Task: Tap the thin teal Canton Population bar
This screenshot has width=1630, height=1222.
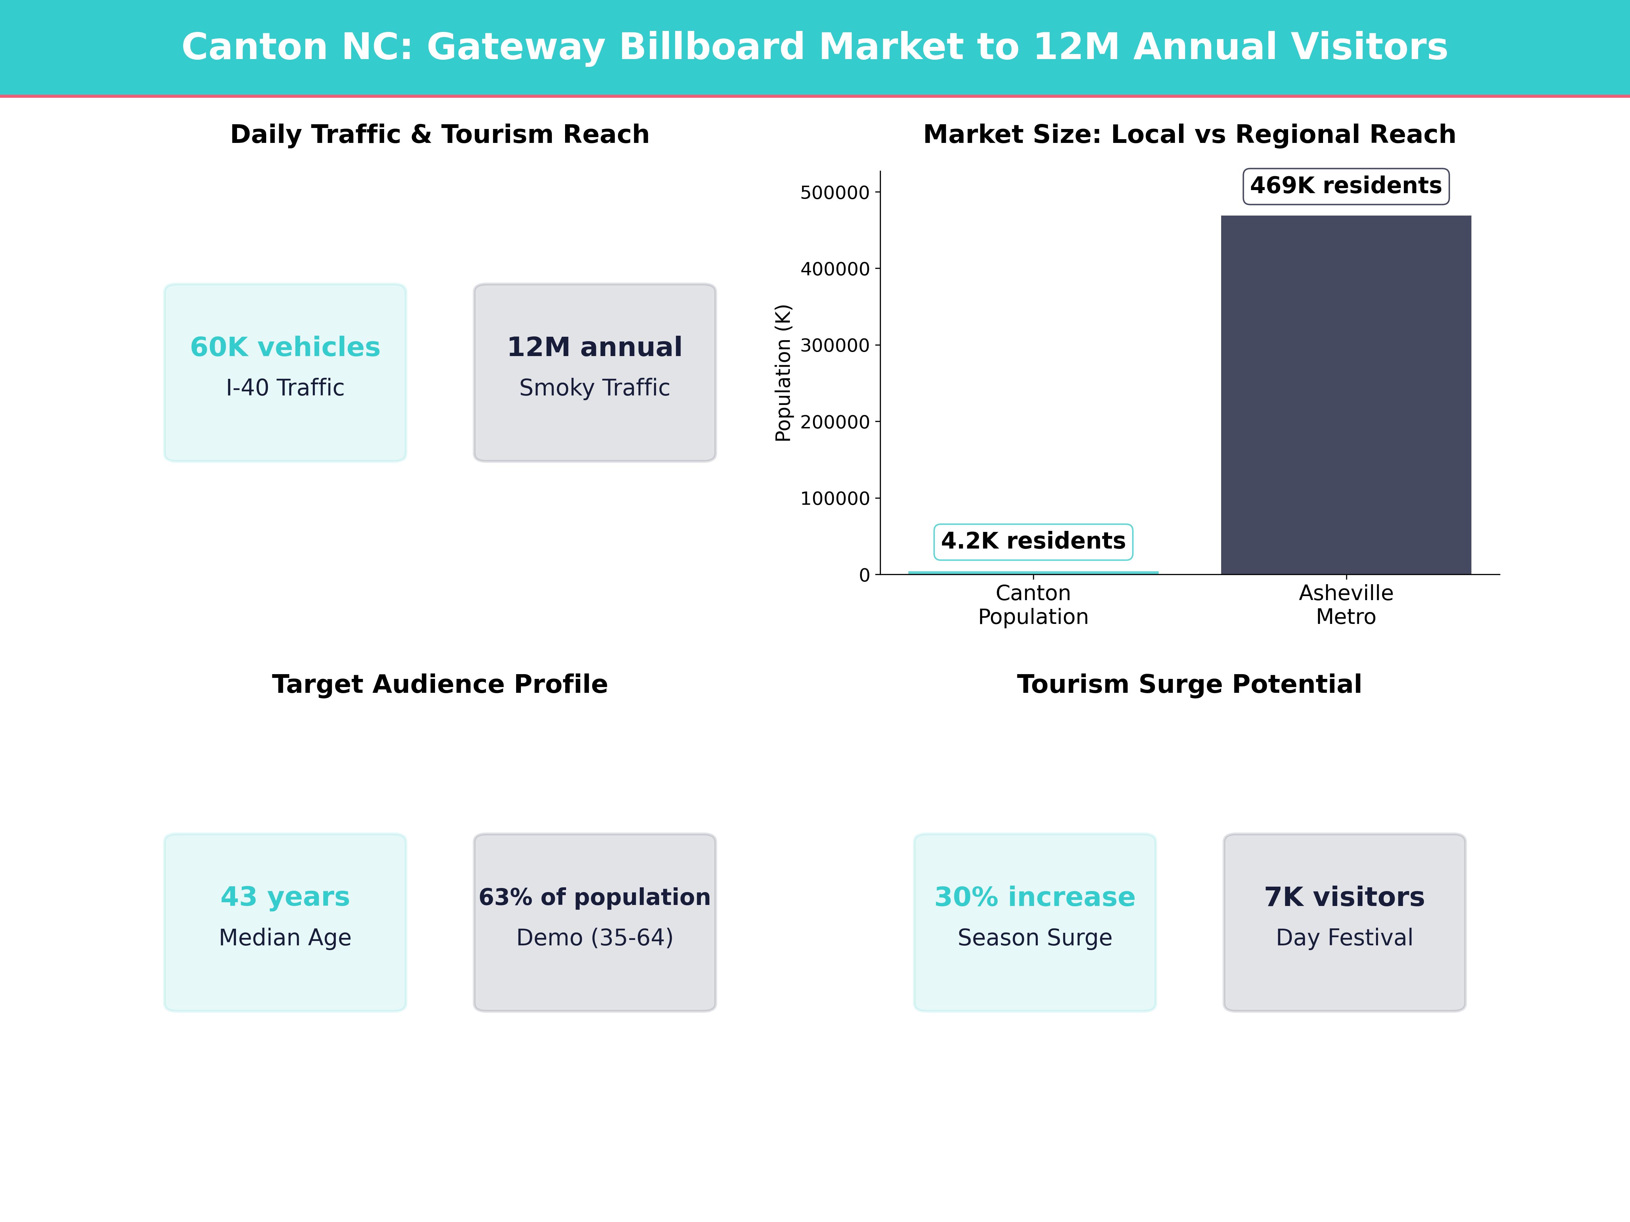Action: click(1033, 572)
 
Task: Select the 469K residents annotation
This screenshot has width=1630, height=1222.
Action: click(1345, 186)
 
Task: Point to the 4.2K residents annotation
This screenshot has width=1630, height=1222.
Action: click(1033, 541)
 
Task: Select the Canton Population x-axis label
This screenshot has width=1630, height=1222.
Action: click(1033, 605)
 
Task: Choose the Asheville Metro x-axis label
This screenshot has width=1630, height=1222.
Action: click(1345, 605)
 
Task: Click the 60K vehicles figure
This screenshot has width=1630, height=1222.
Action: click(285, 347)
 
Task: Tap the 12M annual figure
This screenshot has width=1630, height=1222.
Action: click(595, 347)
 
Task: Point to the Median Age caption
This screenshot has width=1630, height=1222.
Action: click(285, 938)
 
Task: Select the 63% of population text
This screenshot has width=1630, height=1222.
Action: click(595, 897)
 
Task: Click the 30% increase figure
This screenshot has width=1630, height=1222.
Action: click(1035, 897)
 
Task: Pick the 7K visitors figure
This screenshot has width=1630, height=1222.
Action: click(1344, 897)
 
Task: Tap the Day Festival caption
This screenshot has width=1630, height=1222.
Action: click(1344, 938)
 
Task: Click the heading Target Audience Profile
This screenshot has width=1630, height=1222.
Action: click(440, 684)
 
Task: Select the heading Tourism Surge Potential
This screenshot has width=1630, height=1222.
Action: click(1189, 684)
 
